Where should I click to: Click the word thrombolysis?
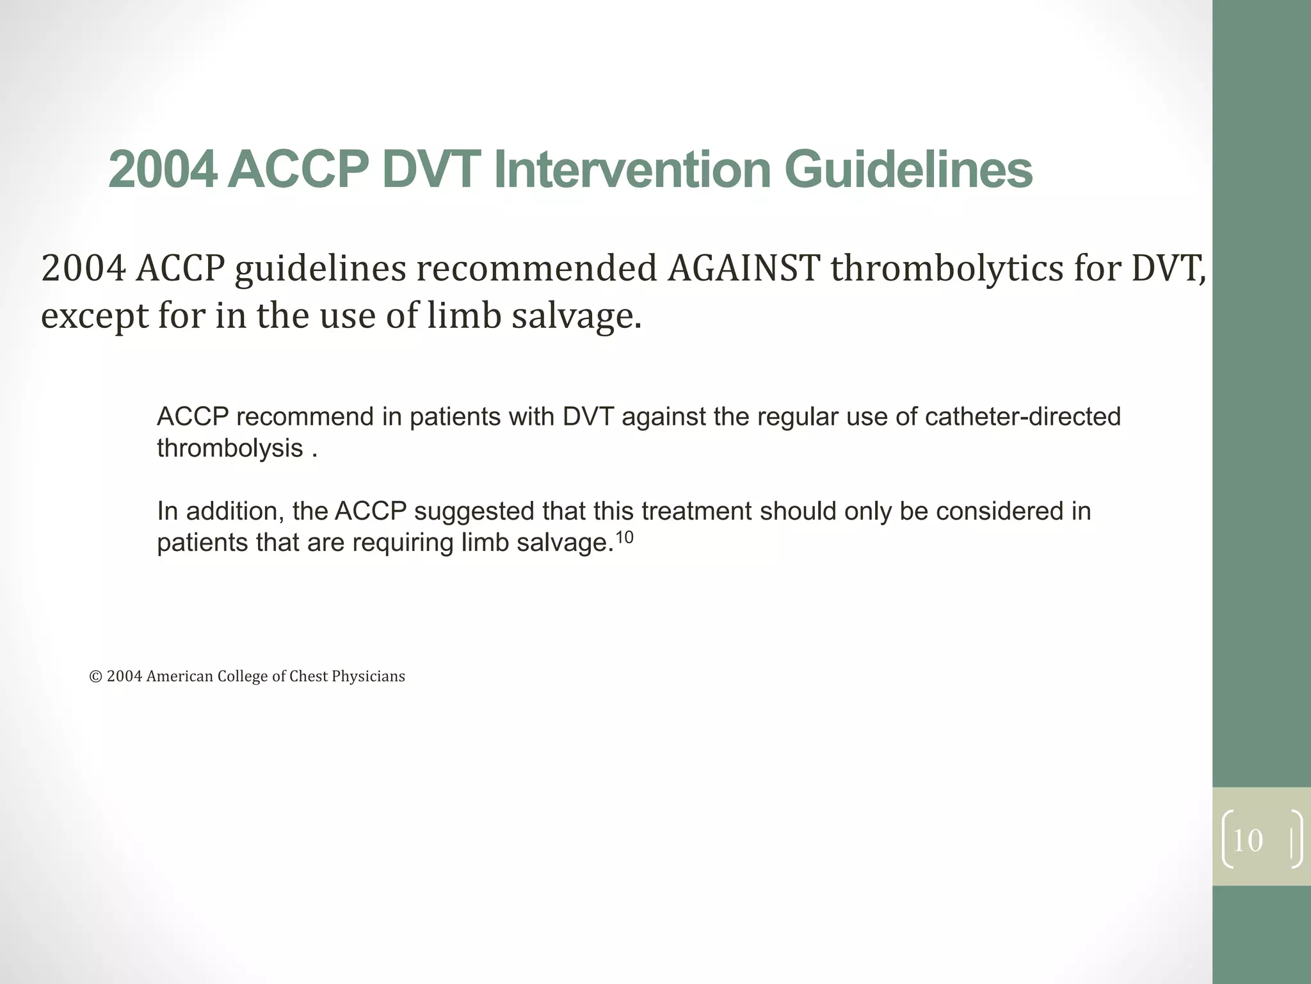click(230, 448)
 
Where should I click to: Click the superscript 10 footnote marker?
click(623, 537)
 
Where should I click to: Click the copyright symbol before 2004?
click(96, 676)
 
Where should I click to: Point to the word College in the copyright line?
click(243, 676)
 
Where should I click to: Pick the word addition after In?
click(233, 511)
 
